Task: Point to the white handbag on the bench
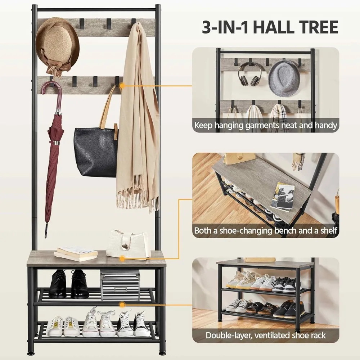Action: (128, 245)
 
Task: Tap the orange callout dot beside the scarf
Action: (122, 86)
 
